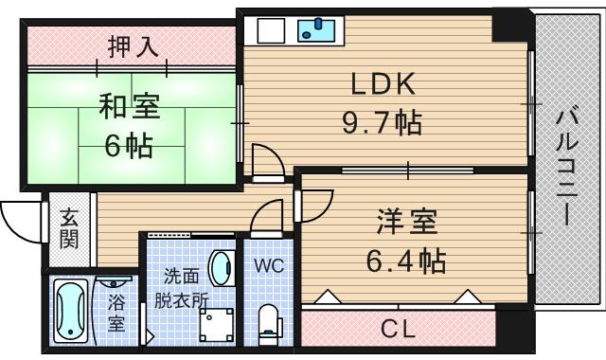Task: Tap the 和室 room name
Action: pyautogui.click(x=130, y=106)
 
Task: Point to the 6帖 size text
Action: pyautogui.click(x=130, y=147)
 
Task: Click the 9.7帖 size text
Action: pyautogui.click(x=383, y=123)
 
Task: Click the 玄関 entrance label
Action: pyautogui.click(x=70, y=228)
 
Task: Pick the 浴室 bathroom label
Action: pyautogui.click(x=116, y=313)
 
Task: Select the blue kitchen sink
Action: pyautogui.click(x=316, y=30)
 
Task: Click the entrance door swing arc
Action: pyautogui.click(x=19, y=224)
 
